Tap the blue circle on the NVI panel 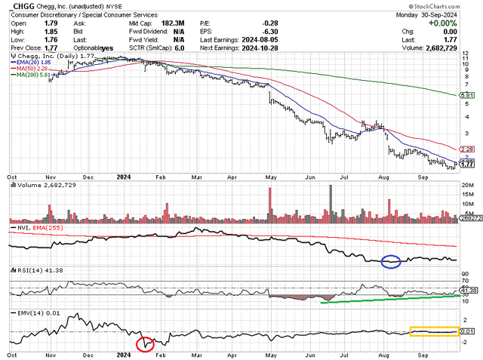tap(390, 263)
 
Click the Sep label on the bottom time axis tap(425, 353)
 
